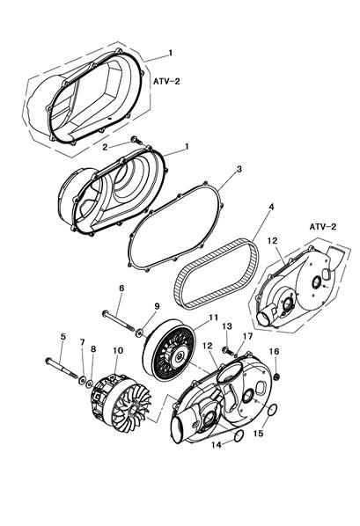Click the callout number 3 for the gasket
pos(239,170)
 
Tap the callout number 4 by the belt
pos(271,207)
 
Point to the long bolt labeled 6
pos(119,321)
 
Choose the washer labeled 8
pos(90,384)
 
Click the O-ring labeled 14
pos(239,435)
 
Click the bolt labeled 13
pos(228,352)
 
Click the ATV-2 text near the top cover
pos(166,81)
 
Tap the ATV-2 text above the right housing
pos(323,227)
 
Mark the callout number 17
pos(248,337)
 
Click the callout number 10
pos(118,351)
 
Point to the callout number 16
pos(274,351)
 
